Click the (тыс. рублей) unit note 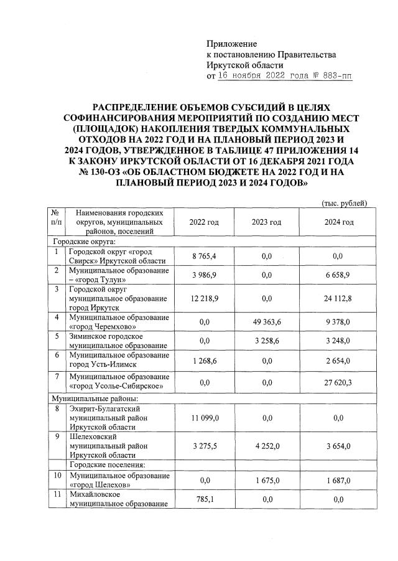tap(344, 204)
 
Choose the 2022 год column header tap(204, 222)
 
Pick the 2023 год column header tap(266, 222)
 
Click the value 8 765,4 tap(204, 256)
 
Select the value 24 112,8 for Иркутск tap(338, 298)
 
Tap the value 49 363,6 tap(266, 322)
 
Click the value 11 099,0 tap(204, 418)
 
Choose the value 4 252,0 tap(266, 447)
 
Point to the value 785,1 tap(204, 499)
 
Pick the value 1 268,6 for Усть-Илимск tap(204, 359)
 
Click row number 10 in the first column tap(57, 476)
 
